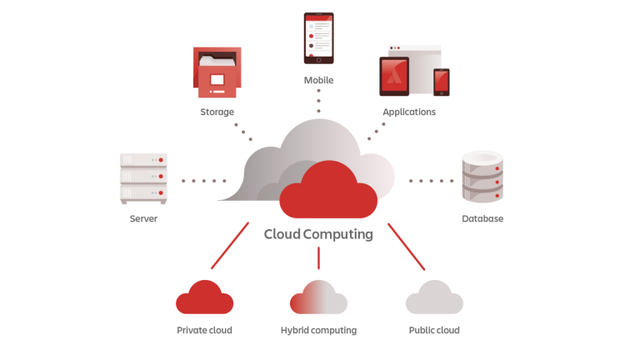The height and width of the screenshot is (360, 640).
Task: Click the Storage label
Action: (x=217, y=112)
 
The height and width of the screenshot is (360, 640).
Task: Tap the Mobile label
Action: (x=318, y=81)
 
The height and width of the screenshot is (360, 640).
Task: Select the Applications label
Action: (x=408, y=112)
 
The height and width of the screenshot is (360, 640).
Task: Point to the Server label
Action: (x=143, y=218)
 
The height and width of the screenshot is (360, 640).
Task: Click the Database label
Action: (x=482, y=218)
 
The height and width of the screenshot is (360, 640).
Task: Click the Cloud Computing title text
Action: (x=318, y=234)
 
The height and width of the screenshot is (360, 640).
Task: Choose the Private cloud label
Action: (x=204, y=330)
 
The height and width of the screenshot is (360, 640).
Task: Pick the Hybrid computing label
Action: (x=318, y=330)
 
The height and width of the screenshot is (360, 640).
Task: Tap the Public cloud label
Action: (x=433, y=330)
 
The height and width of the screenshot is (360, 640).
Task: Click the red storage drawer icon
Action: (x=217, y=73)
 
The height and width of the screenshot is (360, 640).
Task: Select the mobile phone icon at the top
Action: (x=318, y=37)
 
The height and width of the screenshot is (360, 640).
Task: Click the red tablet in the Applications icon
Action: (x=394, y=75)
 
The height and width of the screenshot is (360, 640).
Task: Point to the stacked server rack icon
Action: (x=143, y=177)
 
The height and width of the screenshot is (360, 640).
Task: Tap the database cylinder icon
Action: (x=482, y=177)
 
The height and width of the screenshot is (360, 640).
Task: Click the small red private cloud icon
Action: (x=204, y=297)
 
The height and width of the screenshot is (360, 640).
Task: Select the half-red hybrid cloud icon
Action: (x=318, y=297)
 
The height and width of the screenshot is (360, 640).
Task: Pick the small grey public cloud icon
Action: (x=433, y=297)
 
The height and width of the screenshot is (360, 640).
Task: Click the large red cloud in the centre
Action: (x=328, y=192)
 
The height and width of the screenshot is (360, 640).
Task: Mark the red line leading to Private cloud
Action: (x=230, y=245)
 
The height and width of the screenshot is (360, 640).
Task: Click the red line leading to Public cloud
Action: (x=406, y=246)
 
